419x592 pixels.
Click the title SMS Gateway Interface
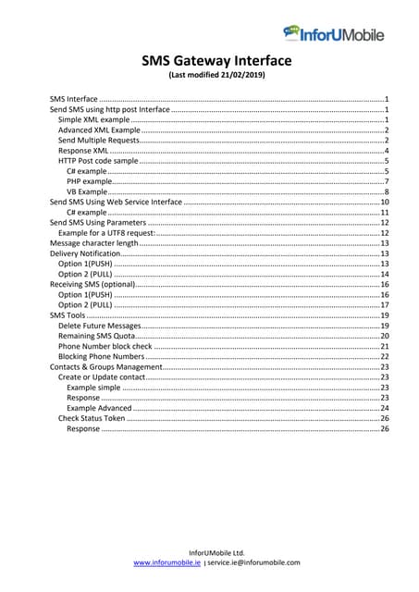click(x=216, y=61)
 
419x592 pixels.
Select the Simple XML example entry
click(x=94, y=120)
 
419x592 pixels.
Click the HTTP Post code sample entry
click(x=98, y=161)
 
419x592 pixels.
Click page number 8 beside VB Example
click(x=385, y=191)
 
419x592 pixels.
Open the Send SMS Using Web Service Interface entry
click(x=116, y=202)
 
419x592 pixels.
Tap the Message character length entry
click(x=93, y=243)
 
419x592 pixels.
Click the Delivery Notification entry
click(x=86, y=253)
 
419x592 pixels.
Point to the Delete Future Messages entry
click(x=99, y=327)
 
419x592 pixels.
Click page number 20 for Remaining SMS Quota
click(x=384, y=337)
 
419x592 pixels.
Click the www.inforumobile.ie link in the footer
click(x=167, y=562)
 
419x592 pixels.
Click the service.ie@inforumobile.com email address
click(x=253, y=562)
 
